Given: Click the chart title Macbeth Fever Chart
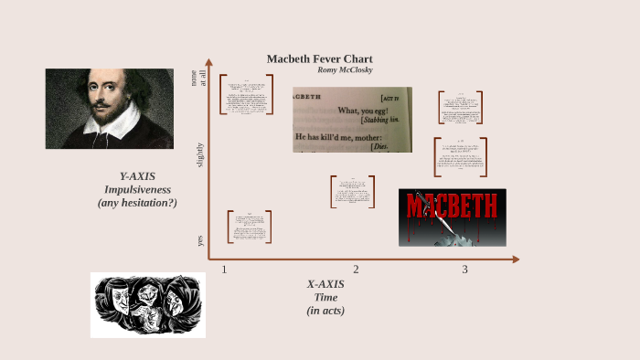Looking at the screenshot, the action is [319, 58].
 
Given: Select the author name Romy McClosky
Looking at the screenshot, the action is [345, 70].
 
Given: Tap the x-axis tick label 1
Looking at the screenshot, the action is [224, 269].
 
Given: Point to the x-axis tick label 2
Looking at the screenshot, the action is [356, 269].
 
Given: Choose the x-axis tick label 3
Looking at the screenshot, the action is [464, 269].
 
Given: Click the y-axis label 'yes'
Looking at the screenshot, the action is [200, 240].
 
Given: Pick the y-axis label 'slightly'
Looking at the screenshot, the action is [200, 154].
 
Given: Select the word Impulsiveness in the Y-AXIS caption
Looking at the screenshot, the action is [137, 189].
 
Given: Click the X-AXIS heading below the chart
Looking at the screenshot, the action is [325, 283].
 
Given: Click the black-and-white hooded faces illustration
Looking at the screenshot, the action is [147, 305].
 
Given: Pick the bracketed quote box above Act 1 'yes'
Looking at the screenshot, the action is [249, 227].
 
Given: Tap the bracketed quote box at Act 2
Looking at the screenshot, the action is [352, 192].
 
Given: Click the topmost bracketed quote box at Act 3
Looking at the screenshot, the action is [460, 107].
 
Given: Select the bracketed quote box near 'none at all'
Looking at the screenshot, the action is [246, 94].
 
